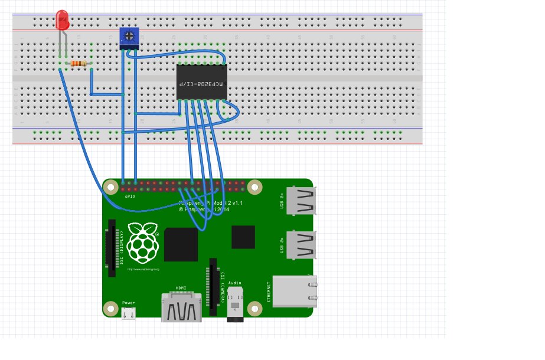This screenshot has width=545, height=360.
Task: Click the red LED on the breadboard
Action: (x=62, y=21)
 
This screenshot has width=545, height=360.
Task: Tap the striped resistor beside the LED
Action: (x=78, y=64)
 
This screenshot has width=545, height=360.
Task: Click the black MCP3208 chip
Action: (x=201, y=82)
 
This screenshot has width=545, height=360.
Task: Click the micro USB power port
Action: (x=128, y=313)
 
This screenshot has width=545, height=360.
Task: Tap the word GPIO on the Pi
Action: (x=130, y=195)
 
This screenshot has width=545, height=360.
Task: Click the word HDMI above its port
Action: (x=181, y=288)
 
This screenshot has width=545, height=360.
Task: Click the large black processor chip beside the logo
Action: (x=181, y=244)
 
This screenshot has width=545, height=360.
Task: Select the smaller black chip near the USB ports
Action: (x=243, y=237)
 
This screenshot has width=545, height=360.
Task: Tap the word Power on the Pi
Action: (x=128, y=303)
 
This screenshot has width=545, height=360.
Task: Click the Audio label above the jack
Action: (x=234, y=283)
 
